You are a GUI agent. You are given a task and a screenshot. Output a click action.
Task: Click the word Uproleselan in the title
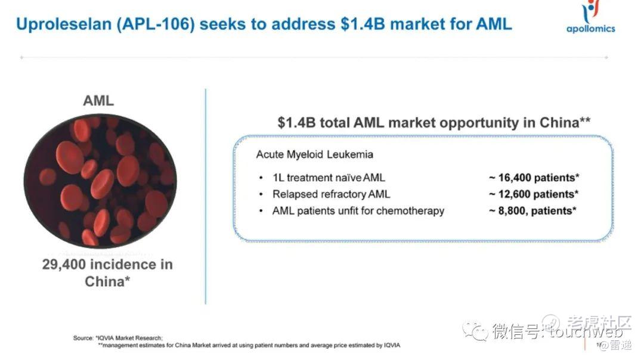click(x=64, y=24)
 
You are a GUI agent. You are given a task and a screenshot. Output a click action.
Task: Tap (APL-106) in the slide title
click(x=156, y=24)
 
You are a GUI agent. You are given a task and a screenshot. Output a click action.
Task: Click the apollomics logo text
click(x=590, y=29)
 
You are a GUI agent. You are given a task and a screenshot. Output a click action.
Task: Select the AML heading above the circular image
click(x=98, y=101)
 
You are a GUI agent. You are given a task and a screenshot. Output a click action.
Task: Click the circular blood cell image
click(x=100, y=181)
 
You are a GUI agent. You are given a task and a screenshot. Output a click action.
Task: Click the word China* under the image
click(x=107, y=281)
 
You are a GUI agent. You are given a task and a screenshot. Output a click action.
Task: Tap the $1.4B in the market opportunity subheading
click(x=296, y=122)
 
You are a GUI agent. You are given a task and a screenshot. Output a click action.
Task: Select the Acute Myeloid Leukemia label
click(x=315, y=154)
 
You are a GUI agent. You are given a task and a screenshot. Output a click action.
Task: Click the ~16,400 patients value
click(x=534, y=178)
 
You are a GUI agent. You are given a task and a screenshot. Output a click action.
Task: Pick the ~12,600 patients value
click(x=534, y=194)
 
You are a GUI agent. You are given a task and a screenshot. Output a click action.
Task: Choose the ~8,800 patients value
click(x=532, y=211)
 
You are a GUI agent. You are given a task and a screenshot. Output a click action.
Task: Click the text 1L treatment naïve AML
click(x=329, y=178)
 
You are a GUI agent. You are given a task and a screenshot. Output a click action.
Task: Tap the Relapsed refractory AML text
click(x=331, y=194)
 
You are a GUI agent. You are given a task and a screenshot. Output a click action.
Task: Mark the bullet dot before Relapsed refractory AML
click(x=261, y=194)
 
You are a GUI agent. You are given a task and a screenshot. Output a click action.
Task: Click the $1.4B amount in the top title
click(x=363, y=24)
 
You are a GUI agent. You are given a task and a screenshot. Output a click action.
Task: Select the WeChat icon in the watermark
click(x=475, y=330)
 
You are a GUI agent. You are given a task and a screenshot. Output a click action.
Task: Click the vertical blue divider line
click(x=205, y=196)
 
